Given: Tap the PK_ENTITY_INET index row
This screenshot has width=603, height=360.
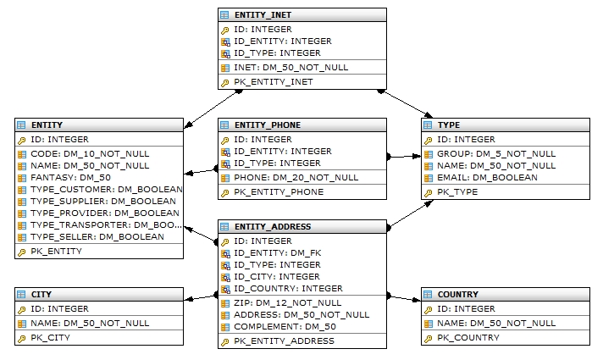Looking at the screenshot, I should click(273, 82).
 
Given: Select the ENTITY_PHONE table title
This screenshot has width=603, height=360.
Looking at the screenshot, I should click(268, 125).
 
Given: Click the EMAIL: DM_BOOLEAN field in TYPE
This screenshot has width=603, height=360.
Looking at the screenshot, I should click(487, 177).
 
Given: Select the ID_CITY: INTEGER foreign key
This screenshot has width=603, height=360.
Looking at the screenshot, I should click(277, 276).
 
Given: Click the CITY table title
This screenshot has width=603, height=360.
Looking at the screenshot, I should click(41, 295).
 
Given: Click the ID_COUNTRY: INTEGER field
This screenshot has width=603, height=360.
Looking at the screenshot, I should click(288, 288).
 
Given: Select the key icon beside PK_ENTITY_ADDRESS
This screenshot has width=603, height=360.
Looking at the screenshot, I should click(225, 341).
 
